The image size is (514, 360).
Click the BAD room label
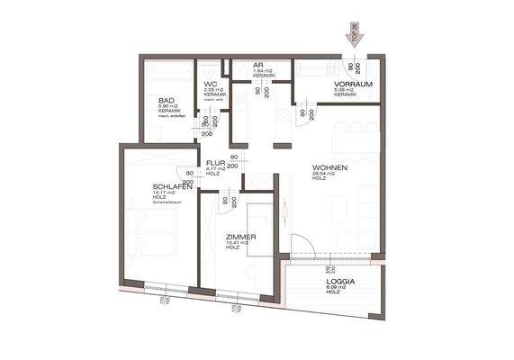167,100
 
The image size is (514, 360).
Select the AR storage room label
257,66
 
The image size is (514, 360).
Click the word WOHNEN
329,168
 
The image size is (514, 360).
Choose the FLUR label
214,164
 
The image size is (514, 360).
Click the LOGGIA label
338,282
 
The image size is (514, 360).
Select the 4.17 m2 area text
214,170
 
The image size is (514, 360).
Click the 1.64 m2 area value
261,72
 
